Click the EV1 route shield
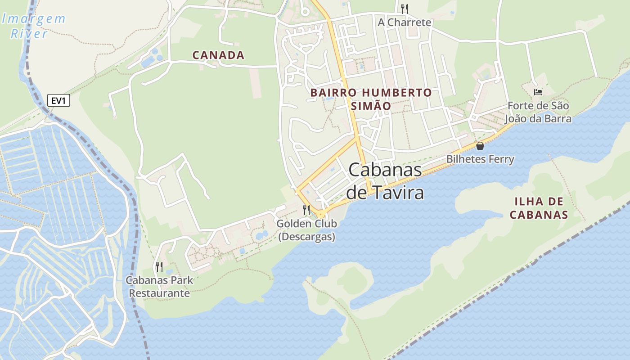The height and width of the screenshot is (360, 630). click(x=58, y=100)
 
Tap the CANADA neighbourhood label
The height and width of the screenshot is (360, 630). click(x=218, y=55)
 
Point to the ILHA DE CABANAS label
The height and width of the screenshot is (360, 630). click(x=539, y=208)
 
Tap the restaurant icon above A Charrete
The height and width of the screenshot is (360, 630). click(x=404, y=9)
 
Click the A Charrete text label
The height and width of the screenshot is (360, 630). click(x=404, y=22)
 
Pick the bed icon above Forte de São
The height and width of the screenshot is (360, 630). click(x=538, y=92)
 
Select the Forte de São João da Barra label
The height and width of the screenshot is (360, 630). click(x=538, y=112)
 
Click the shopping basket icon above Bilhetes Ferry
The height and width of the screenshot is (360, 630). click(x=480, y=146)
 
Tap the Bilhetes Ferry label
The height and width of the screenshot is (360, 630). click(x=480, y=159)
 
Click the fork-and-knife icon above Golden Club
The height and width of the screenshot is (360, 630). click(x=306, y=210)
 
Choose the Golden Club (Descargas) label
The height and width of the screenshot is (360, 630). click(x=306, y=230)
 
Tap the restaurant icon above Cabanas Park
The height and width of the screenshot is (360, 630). click(x=159, y=267)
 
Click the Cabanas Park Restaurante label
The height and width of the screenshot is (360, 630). click(x=159, y=287)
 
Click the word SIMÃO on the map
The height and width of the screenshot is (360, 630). click(x=371, y=106)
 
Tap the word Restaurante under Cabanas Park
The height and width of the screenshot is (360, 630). click(x=159, y=293)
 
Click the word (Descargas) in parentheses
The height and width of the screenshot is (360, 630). click(x=306, y=237)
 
